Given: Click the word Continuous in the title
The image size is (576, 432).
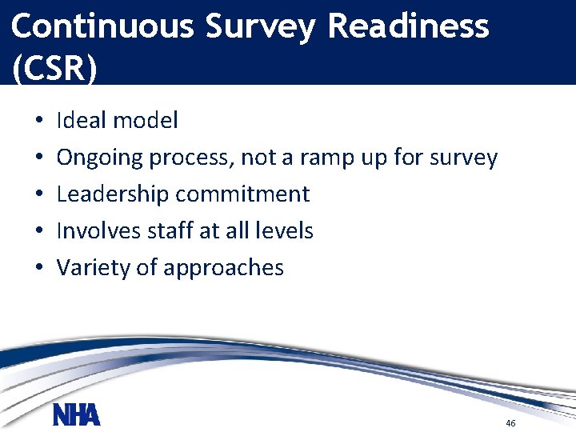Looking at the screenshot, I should point(102,26).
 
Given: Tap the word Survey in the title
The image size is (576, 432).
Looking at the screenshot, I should point(261,26).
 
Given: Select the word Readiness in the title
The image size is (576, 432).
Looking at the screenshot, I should point(408,26).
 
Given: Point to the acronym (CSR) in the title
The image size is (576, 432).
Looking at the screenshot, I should point(54,68).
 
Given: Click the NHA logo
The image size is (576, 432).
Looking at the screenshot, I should point(76,415).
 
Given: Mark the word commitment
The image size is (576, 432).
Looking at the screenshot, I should point(242,194).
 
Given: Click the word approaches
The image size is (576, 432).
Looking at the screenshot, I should point(223,268).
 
